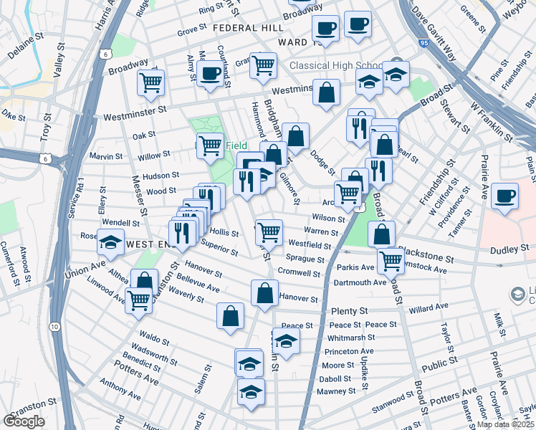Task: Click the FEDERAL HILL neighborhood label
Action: point(248,27)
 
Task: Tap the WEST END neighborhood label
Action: point(152,244)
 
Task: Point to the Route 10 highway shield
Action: point(54,326)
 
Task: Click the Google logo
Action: point(24,421)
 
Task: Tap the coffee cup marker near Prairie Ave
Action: point(506,196)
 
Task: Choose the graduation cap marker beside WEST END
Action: point(111,243)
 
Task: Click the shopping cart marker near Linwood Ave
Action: point(138,300)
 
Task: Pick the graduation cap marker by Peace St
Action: point(285,340)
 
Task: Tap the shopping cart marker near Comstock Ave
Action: point(391,261)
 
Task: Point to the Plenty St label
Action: point(349,311)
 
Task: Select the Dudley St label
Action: point(509,250)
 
